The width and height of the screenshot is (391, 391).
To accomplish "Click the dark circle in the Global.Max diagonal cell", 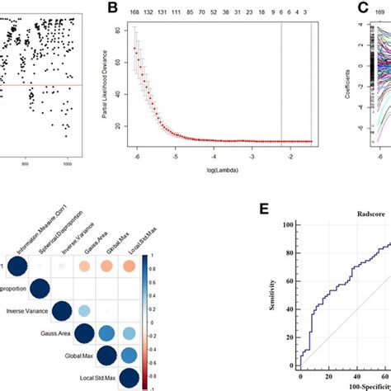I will (106, 356).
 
